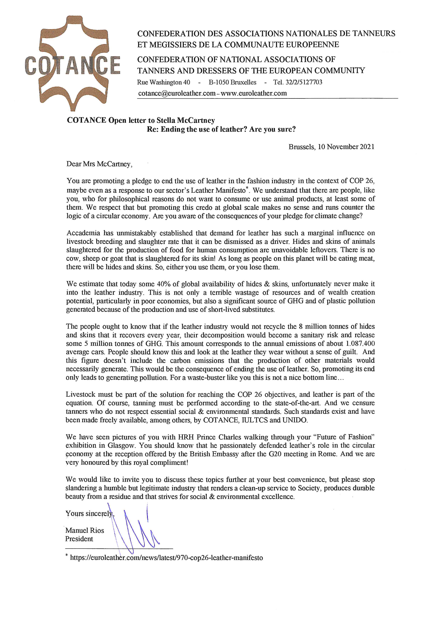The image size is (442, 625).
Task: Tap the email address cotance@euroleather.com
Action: pyautogui.click(x=177, y=93)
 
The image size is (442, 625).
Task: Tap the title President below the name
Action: pyautogui.click(x=79, y=539)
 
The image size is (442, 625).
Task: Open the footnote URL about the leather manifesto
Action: pyautogui.click(x=166, y=558)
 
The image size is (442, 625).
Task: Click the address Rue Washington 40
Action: pyautogui.click(x=164, y=82)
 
